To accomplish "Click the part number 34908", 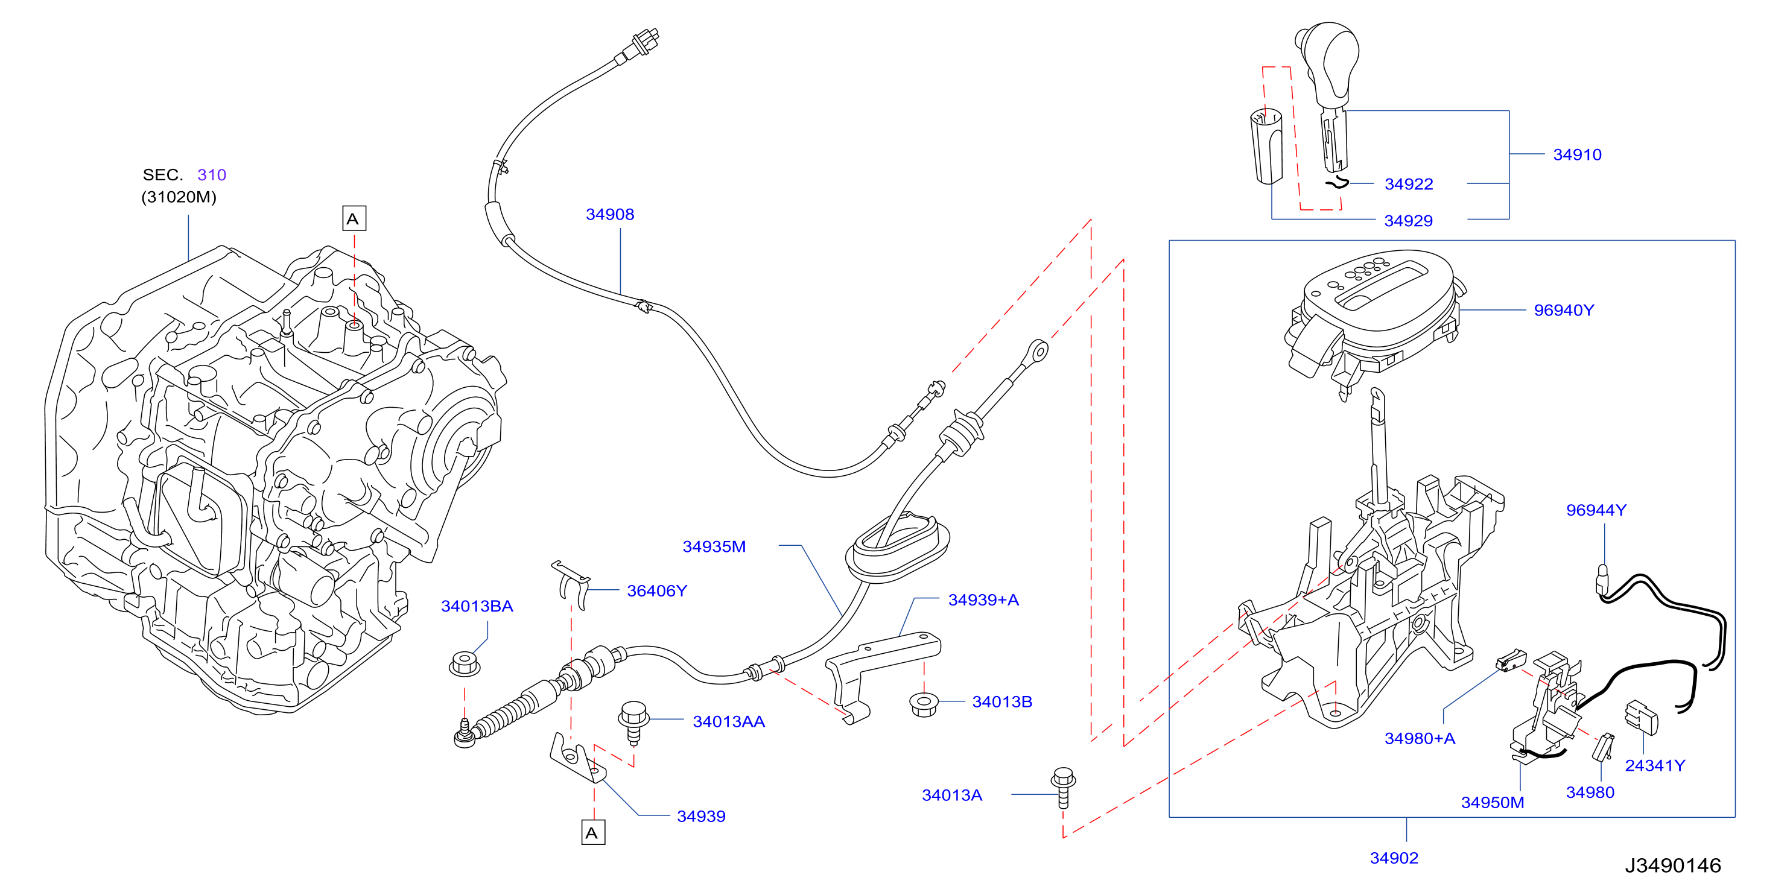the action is tap(609, 214).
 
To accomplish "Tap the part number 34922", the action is tap(1409, 184).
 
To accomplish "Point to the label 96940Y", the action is tap(1564, 310).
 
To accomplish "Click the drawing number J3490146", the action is tap(1672, 865).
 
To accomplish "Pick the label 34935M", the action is tap(714, 546).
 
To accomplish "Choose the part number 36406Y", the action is tap(656, 590).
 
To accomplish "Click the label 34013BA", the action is tap(477, 606).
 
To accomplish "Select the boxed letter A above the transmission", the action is tap(354, 218).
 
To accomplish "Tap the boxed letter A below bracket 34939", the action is tap(592, 832).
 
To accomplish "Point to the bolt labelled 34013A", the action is tap(1063, 787).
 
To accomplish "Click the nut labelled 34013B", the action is tap(924, 704).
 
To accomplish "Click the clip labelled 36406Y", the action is tap(572, 583).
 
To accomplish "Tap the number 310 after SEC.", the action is tap(211, 174).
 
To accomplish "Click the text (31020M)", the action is tap(179, 197).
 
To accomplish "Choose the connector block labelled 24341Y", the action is tap(1642, 717).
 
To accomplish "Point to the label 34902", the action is tap(1393, 858).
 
